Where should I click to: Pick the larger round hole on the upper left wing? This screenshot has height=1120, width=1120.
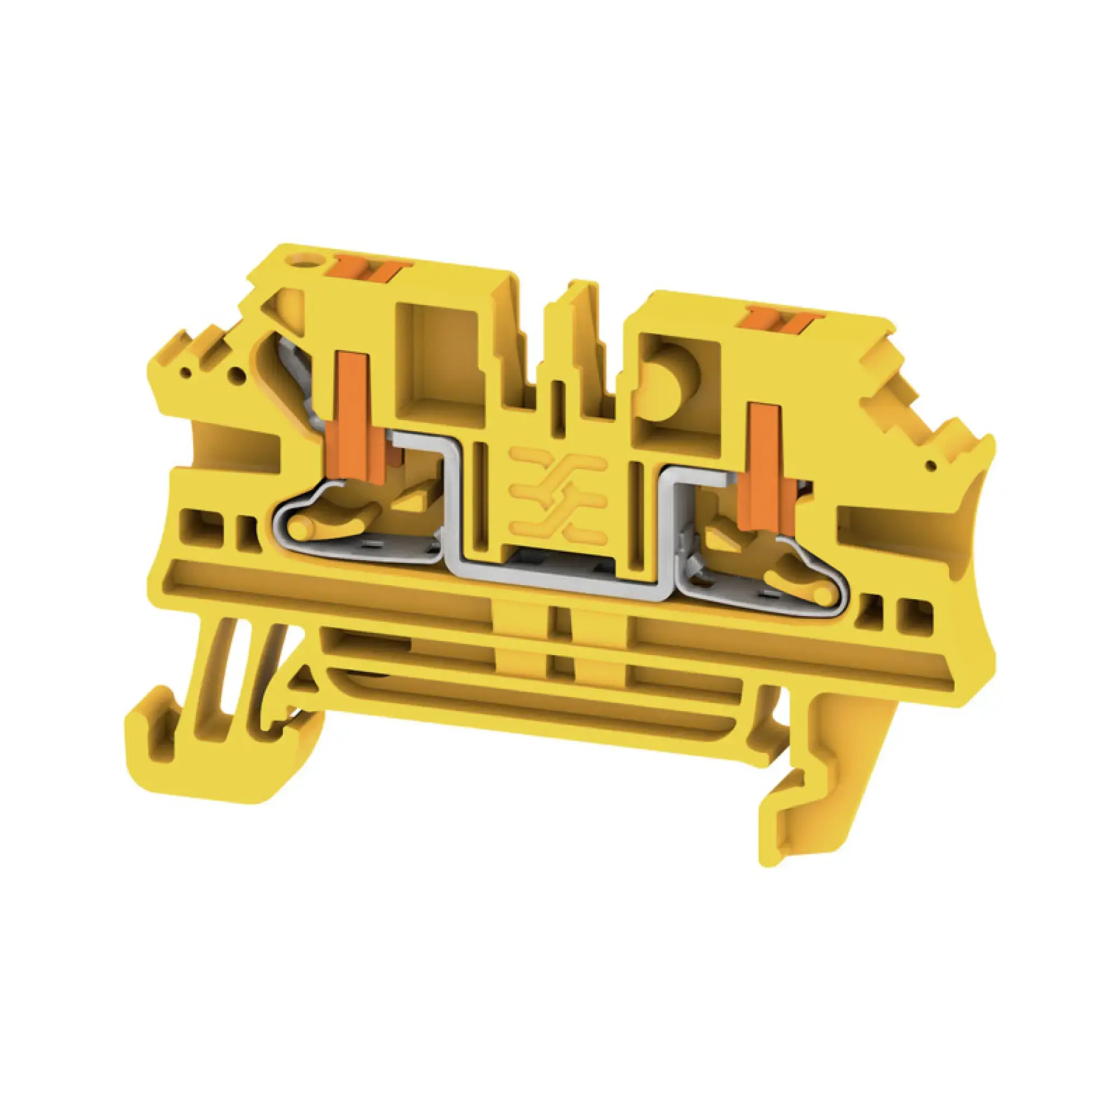tap(235, 376)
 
